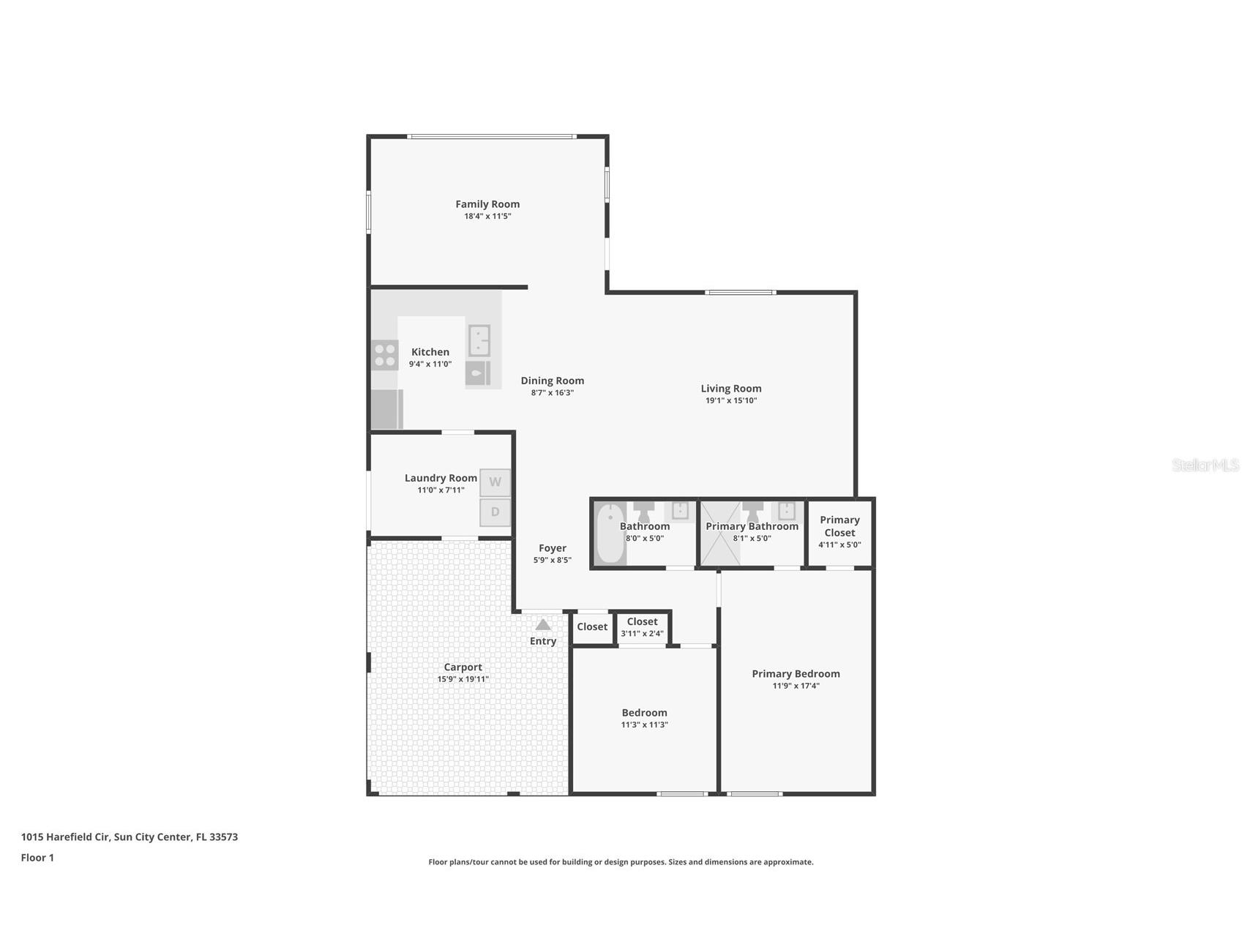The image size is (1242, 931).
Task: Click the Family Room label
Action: pos(487,204)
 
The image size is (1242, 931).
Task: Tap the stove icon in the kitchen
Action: pos(385,355)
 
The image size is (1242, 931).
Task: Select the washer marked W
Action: pos(495,482)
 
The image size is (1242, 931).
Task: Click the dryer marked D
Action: pos(495,512)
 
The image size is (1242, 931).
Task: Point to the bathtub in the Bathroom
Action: pos(609,534)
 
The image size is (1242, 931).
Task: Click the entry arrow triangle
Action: pos(543,624)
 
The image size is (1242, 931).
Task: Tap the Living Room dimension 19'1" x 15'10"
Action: pos(730,400)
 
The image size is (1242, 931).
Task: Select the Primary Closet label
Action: pos(839,526)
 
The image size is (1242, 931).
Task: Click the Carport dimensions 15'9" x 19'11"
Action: pos(463,679)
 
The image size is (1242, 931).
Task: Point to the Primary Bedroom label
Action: pos(796,673)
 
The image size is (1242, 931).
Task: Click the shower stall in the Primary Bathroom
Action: pos(721,534)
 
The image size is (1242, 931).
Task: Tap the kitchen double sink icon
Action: pos(479,340)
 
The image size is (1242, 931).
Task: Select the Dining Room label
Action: pos(552,381)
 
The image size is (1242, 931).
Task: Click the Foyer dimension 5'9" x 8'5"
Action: pos(552,560)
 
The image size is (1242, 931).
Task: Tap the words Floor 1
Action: pos(37,858)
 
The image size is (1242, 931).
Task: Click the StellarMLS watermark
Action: pos(1205,465)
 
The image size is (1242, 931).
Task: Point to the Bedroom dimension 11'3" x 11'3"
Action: pos(644,725)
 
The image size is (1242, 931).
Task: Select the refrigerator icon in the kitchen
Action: pos(386,409)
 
